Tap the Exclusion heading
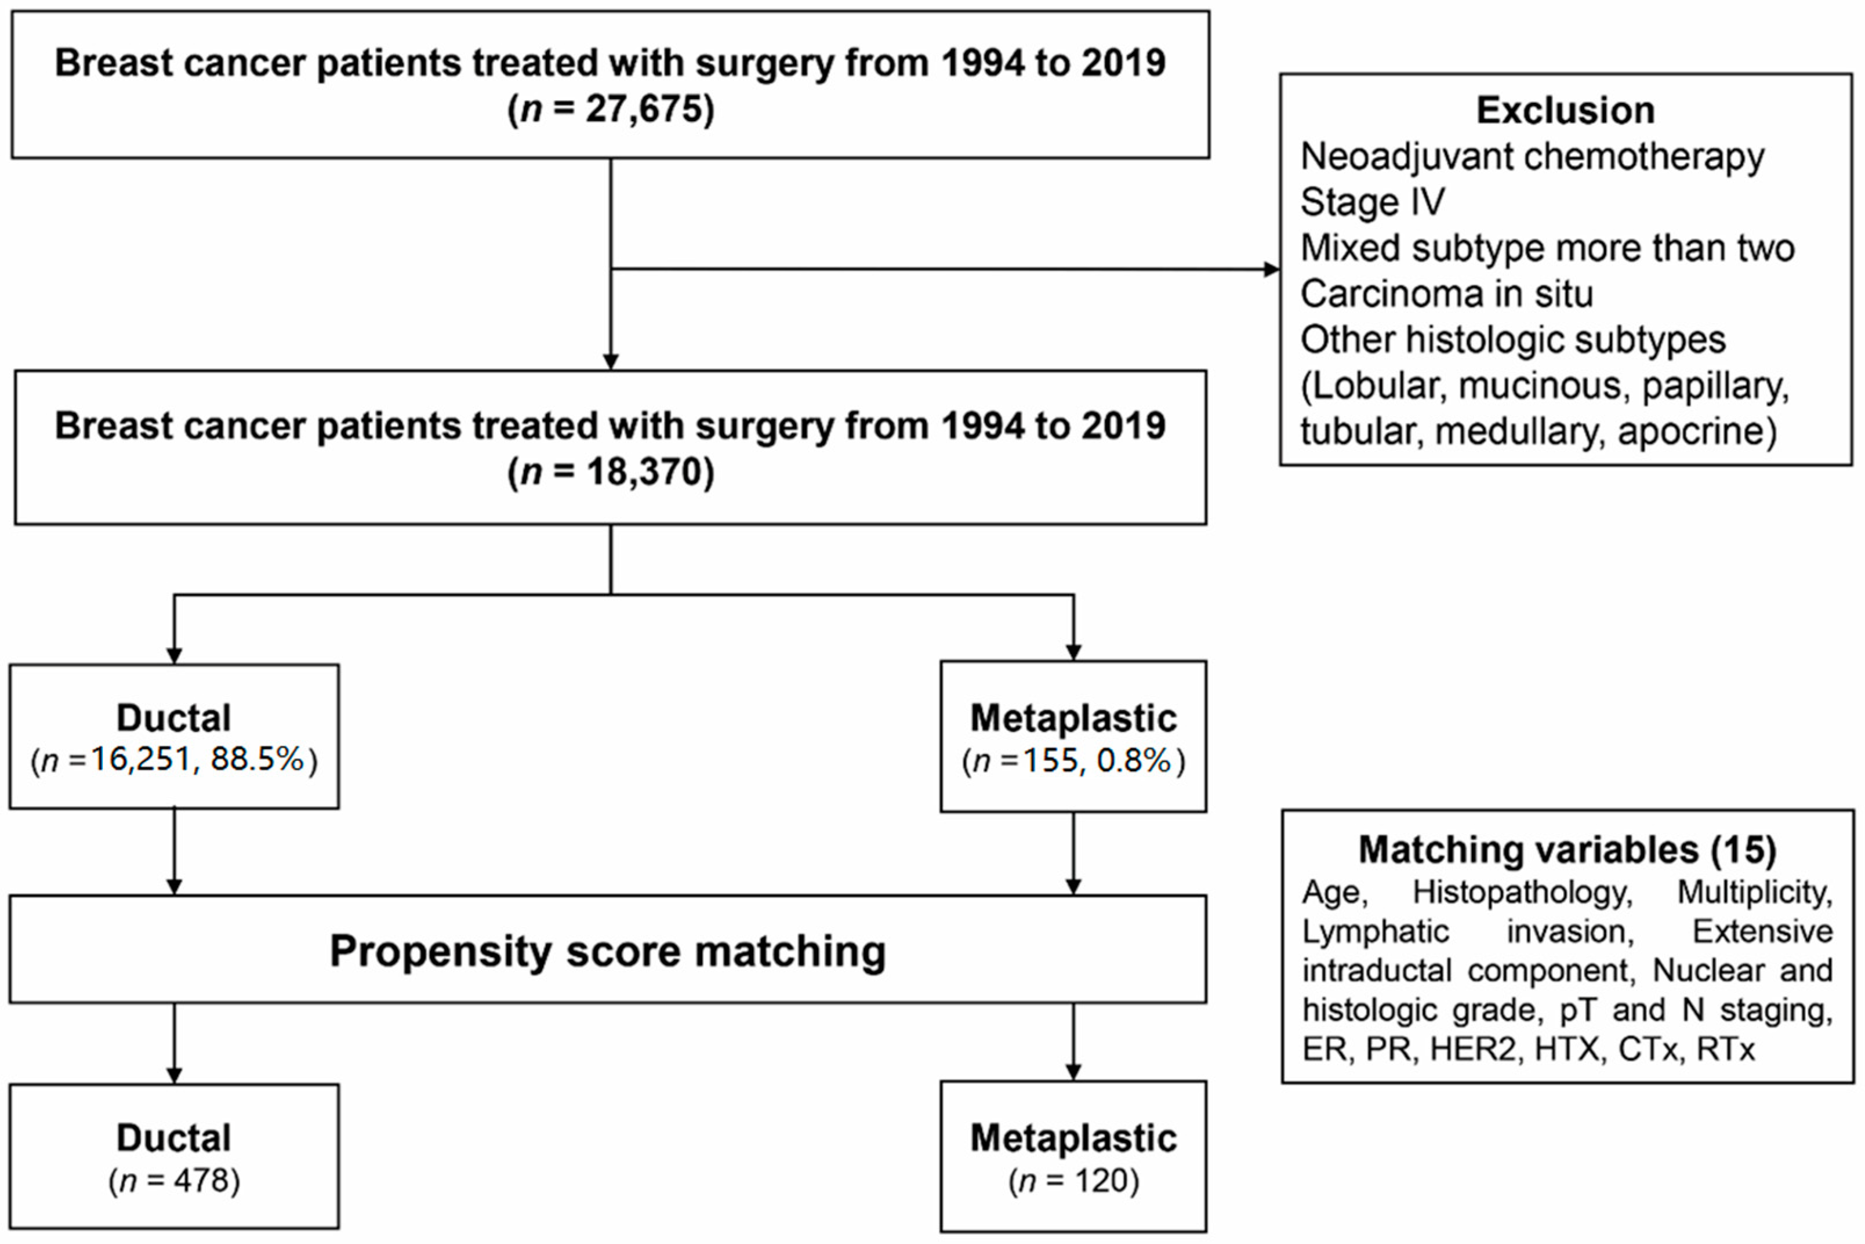1565,110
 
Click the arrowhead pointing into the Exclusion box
1272,270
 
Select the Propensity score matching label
608,951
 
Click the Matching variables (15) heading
1567,850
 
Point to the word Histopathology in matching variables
1522,892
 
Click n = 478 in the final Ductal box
175,1181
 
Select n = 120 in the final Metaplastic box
1073,1181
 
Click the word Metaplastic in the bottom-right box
1073,1138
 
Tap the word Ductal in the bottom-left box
174,1138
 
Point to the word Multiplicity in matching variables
1754,892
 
